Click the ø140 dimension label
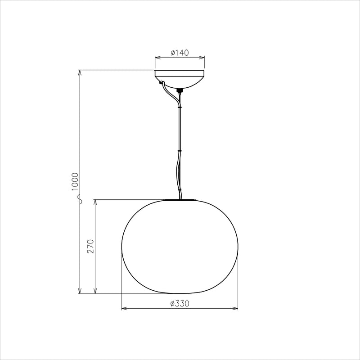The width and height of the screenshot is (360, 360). (x=180, y=53)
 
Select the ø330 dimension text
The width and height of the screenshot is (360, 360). (x=180, y=304)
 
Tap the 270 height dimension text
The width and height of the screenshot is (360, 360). (x=90, y=246)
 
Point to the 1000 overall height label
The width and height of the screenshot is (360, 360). (x=75, y=181)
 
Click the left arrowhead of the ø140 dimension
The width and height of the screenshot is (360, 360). (x=157, y=58)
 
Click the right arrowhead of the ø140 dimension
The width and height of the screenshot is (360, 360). (x=202, y=58)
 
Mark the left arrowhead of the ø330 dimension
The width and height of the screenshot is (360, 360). (x=124, y=309)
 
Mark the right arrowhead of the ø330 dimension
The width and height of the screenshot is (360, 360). (x=235, y=309)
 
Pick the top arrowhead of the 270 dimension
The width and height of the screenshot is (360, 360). (x=95, y=201)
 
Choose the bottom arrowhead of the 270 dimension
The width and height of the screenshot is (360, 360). (x=95, y=291)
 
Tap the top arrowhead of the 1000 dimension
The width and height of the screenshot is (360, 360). (x=80, y=72)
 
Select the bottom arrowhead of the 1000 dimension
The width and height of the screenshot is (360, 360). (x=80, y=291)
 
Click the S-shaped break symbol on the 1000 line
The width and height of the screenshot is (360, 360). (x=80, y=199)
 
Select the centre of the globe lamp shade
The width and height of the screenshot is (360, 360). (x=180, y=246)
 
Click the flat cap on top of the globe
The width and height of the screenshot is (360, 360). (x=180, y=199)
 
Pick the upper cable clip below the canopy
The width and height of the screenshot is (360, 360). (x=180, y=108)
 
